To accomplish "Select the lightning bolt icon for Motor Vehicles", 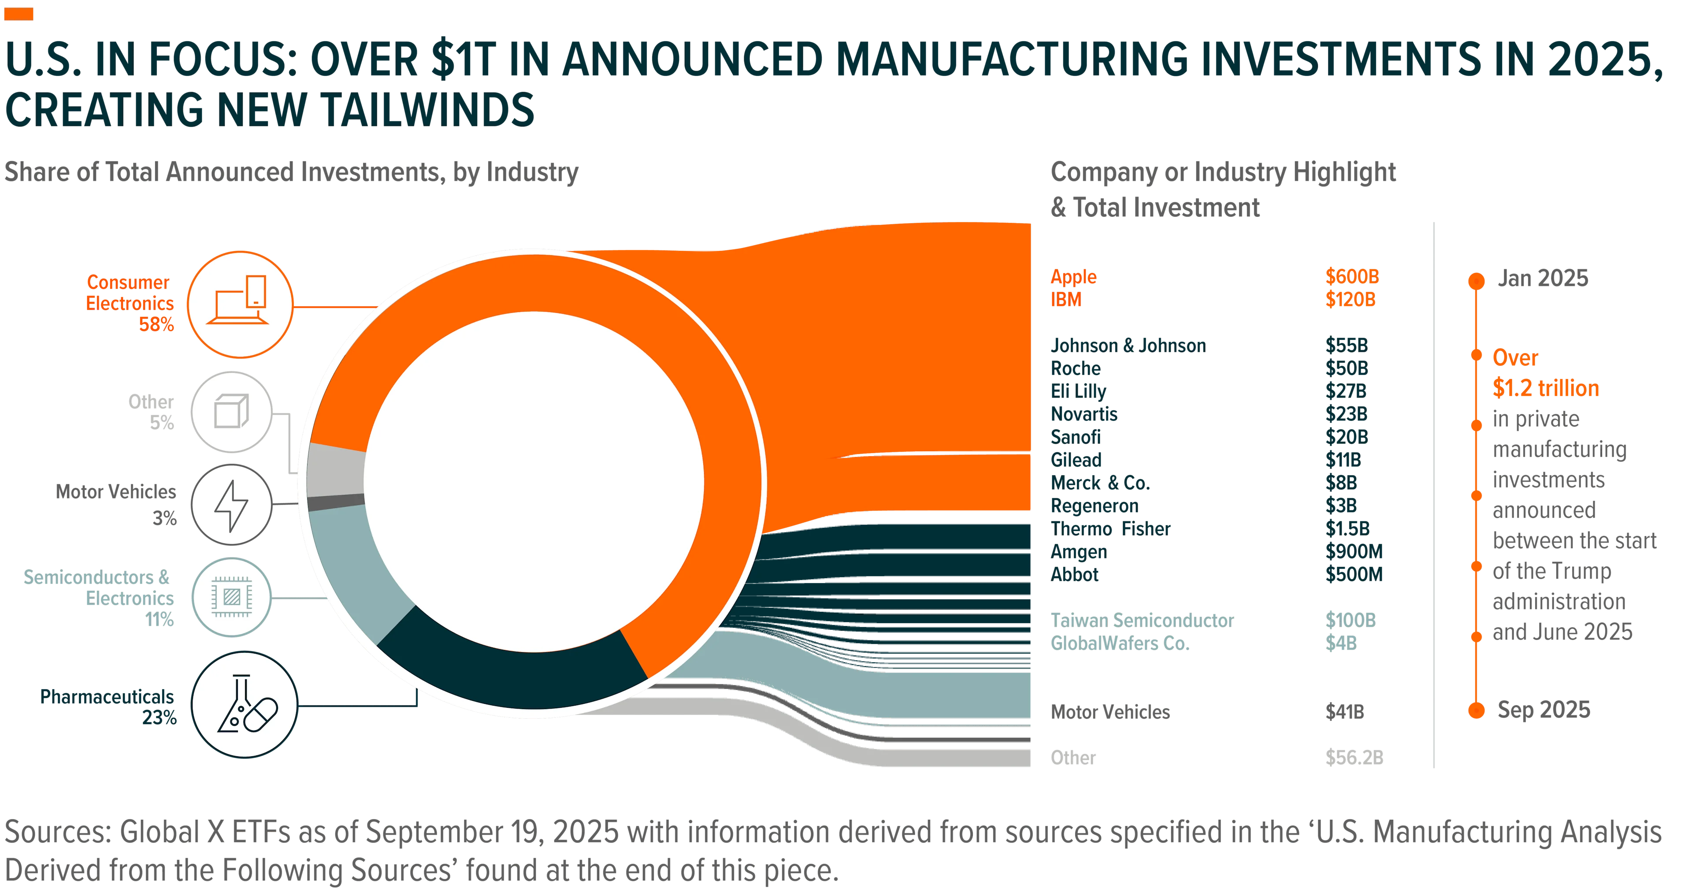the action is click(231, 505).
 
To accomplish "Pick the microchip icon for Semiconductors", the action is click(231, 597).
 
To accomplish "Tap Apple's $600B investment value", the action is click(1352, 276).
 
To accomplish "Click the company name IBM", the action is click(1066, 300).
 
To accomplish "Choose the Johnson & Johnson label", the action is click(1128, 346).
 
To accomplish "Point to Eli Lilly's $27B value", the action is click(1346, 391).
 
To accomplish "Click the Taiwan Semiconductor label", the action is click(1142, 620).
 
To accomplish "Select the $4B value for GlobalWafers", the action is click(1340, 643).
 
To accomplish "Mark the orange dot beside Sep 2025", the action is click(1476, 710).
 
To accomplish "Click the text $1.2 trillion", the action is click(1546, 388).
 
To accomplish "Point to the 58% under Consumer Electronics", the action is click(156, 324).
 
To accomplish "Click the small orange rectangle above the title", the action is click(19, 14).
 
